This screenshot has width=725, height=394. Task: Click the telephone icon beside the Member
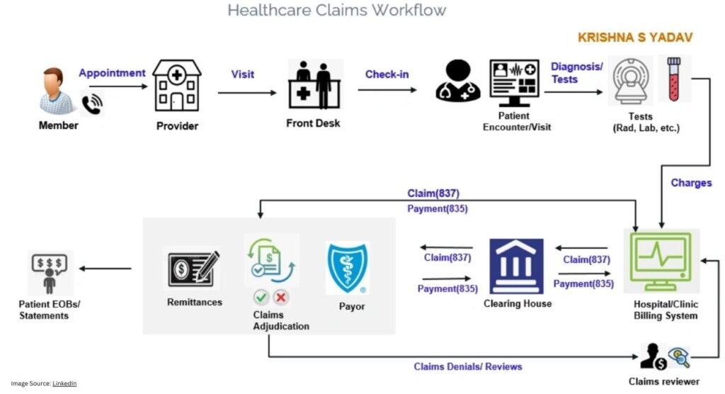[x=91, y=104]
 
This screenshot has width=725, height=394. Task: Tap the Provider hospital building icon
[x=176, y=86]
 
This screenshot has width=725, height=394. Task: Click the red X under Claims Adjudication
[x=281, y=298]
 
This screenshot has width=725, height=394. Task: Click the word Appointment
[x=112, y=72]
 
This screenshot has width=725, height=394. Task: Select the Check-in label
[x=387, y=74]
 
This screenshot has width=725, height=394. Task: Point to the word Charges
[x=691, y=183]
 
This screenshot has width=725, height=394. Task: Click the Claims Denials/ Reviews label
[x=468, y=366]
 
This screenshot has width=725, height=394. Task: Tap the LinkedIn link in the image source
[x=64, y=383]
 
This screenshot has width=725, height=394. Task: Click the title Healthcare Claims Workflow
[x=337, y=10]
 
